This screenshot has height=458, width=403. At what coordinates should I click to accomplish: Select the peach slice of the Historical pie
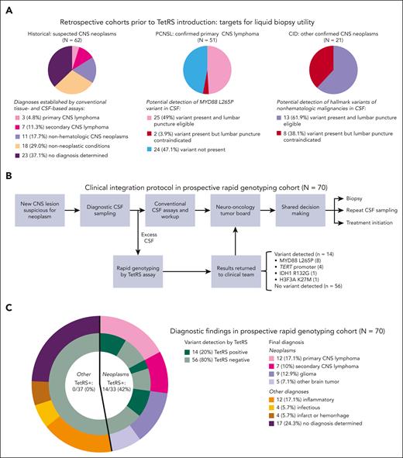tap(58, 84)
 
